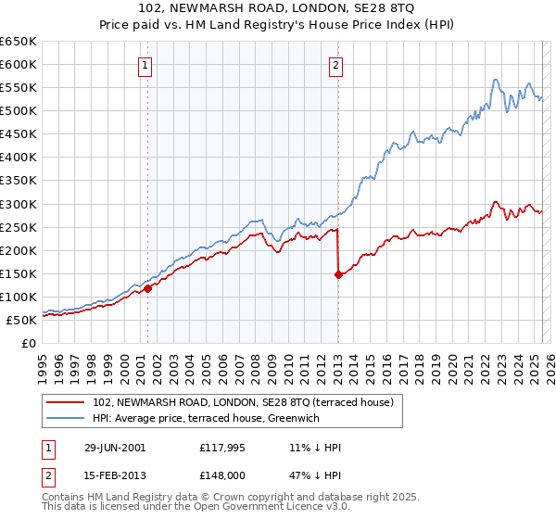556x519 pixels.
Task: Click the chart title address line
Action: click(x=278, y=7)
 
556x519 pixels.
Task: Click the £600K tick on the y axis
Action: click(x=19, y=65)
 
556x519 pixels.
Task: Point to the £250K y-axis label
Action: click(x=19, y=227)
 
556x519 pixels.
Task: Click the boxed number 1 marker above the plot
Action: click(x=147, y=66)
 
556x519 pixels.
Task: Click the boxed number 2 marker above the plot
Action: click(x=335, y=66)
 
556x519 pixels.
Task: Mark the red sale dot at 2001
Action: click(x=147, y=288)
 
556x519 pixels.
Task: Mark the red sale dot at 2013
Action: click(x=338, y=274)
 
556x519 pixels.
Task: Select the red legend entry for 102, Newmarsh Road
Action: click(x=244, y=402)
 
